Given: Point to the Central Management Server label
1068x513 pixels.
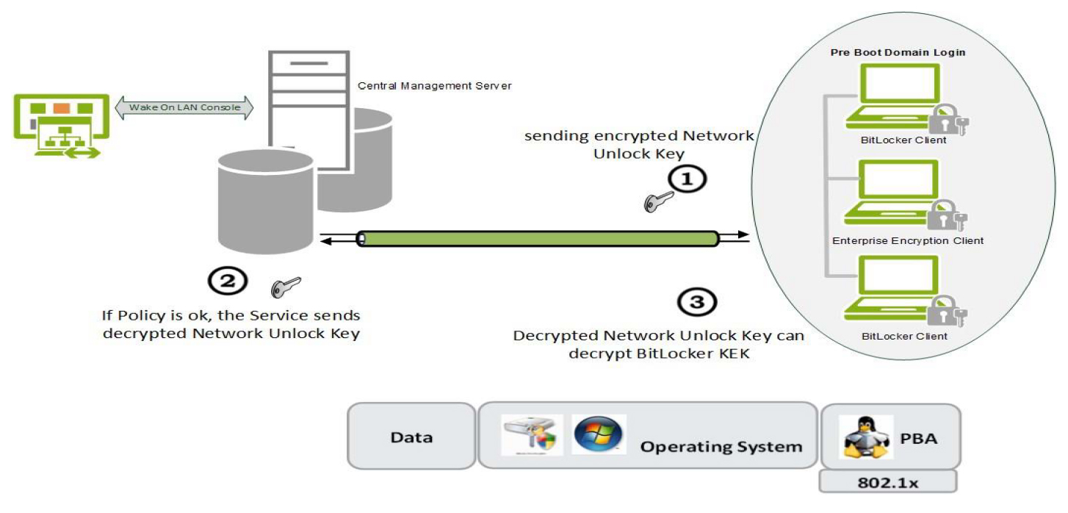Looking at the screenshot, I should point(434,86).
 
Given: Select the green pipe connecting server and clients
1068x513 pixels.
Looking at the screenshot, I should point(537,239).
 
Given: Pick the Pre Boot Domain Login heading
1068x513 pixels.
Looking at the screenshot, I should point(897,52).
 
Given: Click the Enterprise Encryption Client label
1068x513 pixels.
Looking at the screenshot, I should point(907,240).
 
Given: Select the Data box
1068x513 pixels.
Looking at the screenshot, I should point(411,437).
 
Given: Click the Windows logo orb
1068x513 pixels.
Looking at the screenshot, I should point(598,434).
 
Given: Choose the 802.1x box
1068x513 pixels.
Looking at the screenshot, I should point(887,481).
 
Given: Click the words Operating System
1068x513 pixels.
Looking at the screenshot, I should point(721,446).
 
